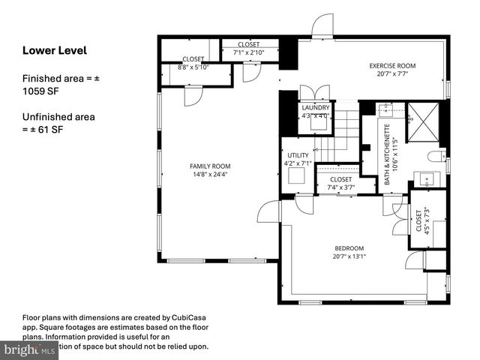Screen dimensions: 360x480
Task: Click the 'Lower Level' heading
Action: (x=55, y=51)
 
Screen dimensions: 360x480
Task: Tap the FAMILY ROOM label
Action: (x=209, y=166)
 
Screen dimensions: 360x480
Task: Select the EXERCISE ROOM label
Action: (x=392, y=66)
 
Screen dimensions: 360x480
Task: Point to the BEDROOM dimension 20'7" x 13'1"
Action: (x=349, y=257)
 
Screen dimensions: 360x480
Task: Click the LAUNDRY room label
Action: (x=316, y=108)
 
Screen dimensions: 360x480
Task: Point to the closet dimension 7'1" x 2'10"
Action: (x=248, y=52)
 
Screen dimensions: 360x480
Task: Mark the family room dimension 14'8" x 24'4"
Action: (x=209, y=175)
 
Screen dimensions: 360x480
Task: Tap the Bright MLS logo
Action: (x=30, y=349)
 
